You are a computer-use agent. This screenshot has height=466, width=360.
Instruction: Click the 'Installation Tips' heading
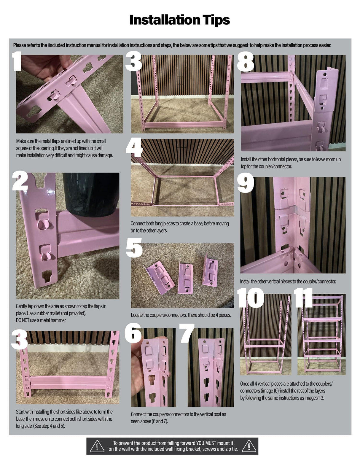[x=180, y=20]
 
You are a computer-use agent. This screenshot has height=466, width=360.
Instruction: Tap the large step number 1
[x=18, y=61]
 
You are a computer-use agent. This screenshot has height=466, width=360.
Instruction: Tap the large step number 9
[x=246, y=183]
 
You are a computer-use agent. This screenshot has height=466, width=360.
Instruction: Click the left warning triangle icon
[x=97, y=446]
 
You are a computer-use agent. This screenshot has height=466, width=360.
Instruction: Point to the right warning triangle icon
[x=249, y=446]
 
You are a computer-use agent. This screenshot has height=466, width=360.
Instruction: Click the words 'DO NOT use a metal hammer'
[x=41, y=320]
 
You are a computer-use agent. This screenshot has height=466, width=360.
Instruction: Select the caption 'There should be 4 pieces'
[x=209, y=315]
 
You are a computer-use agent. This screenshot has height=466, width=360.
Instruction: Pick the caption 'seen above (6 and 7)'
[x=149, y=421]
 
